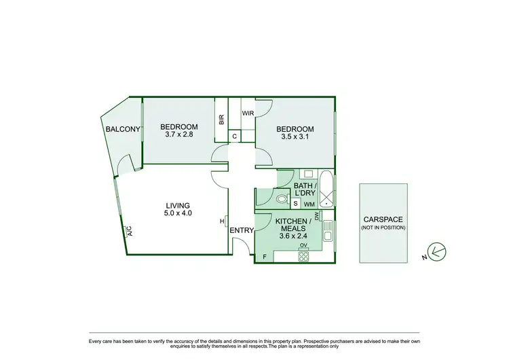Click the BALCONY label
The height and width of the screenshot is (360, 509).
tap(122, 129)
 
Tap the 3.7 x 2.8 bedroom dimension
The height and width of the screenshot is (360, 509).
tap(179, 134)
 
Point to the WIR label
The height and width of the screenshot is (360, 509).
tap(248, 114)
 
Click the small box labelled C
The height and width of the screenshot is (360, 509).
tap(234, 136)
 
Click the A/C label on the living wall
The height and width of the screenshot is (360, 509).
tap(128, 232)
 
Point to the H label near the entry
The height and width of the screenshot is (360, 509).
tap(222, 221)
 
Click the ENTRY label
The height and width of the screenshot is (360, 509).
tap(241, 231)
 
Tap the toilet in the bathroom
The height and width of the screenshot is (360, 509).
tap(281, 200)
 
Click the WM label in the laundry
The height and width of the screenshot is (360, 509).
tap(308, 204)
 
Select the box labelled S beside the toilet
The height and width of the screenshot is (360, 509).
tap(296, 203)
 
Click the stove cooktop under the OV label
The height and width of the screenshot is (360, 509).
tap(304, 256)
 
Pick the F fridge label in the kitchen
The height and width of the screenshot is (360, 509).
tap(265, 256)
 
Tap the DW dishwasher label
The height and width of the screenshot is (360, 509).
tap(317, 215)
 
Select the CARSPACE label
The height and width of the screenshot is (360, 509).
tap(384, 219)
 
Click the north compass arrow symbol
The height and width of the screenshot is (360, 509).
tap(438, 251)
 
